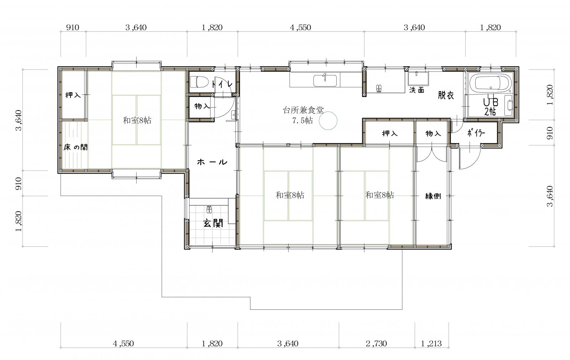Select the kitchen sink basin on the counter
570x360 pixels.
tap(325, 80)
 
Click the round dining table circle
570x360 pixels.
tap(328, 121)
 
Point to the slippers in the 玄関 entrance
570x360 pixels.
tap(209, 209)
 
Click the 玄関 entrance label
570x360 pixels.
tap(213, 223)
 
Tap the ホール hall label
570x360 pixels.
tap(212, 162)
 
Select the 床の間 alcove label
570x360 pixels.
tap(76, 147)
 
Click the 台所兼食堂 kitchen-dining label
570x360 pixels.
tap(303, 110)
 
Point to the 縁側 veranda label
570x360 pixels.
tap(433, 196)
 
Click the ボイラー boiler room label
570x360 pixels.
tap(476, 133)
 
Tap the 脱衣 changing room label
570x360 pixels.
tap(446, 95)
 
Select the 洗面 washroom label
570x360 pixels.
tap(416, 90)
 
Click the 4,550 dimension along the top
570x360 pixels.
tap(301, 27)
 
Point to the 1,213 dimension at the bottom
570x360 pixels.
tap(431, 344)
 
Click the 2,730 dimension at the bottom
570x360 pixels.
tap(376, 344)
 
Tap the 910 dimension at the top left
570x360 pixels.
tap(73, 27)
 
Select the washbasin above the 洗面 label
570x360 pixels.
tap(418, 78)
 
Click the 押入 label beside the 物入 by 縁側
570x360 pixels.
tap(390, 133)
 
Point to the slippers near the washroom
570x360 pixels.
tap(379, 88)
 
